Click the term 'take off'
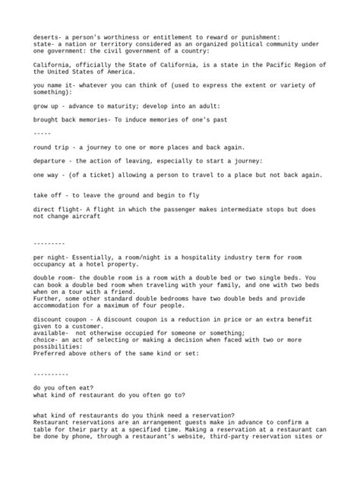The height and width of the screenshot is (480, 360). [49, 195]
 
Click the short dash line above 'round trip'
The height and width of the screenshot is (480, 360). [42, 133]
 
